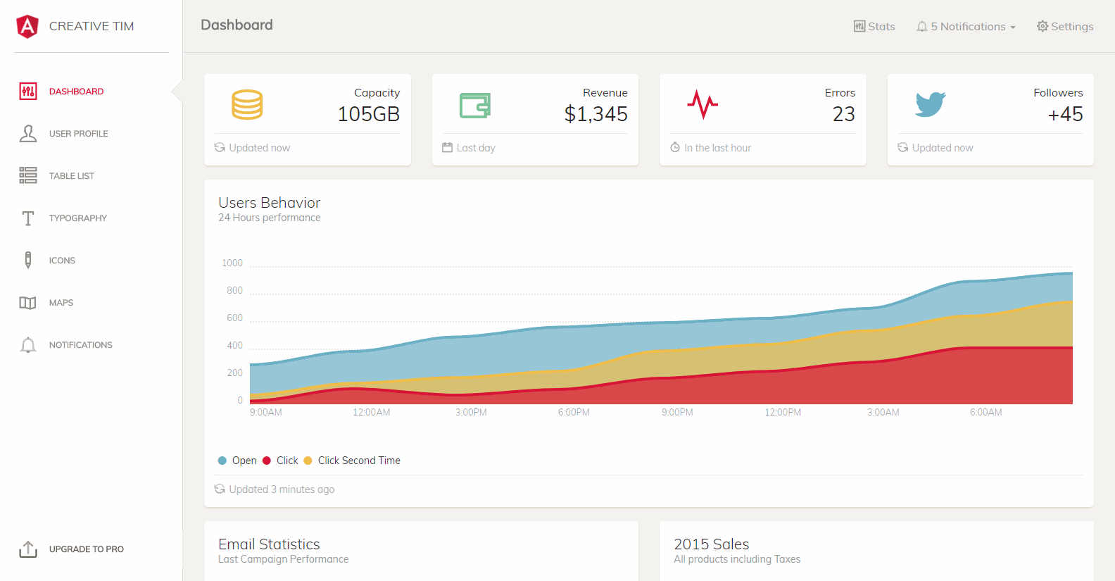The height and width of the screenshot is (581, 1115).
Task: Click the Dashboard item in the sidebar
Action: pos(76,92)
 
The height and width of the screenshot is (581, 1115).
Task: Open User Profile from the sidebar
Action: pos(78,134)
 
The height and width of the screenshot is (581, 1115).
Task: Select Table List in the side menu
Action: pos(71,176)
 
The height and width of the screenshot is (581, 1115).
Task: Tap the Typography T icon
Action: pos(28,218)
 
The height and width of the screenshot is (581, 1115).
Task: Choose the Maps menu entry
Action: pos(61,303)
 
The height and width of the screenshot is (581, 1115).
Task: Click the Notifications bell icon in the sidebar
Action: pos(28,345)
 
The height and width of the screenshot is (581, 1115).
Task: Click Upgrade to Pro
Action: pos(86,549)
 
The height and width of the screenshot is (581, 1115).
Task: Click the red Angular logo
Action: pos(27,27)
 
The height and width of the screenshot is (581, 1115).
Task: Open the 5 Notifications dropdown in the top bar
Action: pos(966,27)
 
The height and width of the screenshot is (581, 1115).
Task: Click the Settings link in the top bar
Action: pos(1065,27)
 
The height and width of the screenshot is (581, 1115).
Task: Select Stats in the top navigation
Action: pos(874,27)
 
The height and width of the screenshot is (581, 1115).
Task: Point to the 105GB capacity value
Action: pos(368,114)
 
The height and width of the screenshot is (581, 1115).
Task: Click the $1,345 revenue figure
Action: pos(596,114)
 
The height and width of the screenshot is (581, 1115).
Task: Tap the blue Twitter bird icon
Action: pos(930,104)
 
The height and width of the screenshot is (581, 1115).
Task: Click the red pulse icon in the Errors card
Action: pos(703,104)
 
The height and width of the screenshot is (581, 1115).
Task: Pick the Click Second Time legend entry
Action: pos(358,461)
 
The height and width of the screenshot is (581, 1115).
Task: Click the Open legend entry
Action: pos(244,461)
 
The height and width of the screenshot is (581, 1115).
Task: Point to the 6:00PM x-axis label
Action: pos(574,412)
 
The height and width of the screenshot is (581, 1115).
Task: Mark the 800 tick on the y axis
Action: pos(234,290)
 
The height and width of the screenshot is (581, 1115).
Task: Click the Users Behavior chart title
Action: pos(269,203)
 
